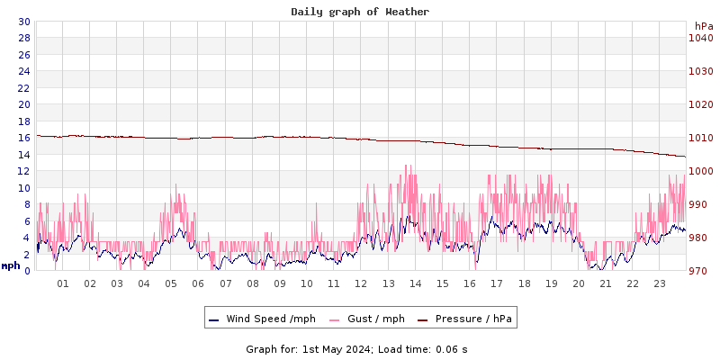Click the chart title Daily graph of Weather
pos(360,12)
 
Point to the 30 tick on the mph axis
pos(23,22)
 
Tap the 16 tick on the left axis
pos(23,138)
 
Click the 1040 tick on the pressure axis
pos(701,38)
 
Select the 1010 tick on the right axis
pos(701,138)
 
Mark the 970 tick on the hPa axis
pos(701,271)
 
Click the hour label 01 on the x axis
pos(63,284)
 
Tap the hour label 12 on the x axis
pos(361,284)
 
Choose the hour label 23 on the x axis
pos(660,284)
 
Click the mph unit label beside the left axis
pos(11,265)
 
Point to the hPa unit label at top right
pos(703,26)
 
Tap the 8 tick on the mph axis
pos(27,204)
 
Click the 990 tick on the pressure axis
pos(701,204)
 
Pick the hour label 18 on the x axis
pos(524,284)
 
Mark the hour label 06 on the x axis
pos(198,284)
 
